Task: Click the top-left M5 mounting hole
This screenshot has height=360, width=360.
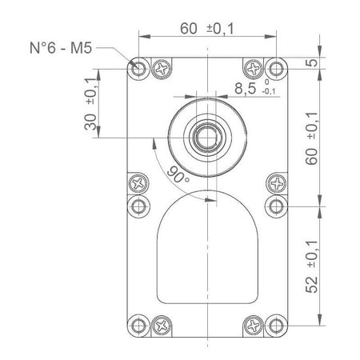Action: [139, 67]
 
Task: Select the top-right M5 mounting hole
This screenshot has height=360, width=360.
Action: [276, 67]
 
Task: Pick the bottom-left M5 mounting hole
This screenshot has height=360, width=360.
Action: [139, 324]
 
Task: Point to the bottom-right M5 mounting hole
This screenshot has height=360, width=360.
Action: [276, 324]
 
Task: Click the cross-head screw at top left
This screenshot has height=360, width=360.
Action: [162, 68]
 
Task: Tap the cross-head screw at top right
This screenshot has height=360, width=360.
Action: [253, 68]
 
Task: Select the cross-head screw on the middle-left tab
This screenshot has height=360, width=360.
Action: [139, 183]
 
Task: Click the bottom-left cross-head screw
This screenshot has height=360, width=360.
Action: [162, 324]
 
